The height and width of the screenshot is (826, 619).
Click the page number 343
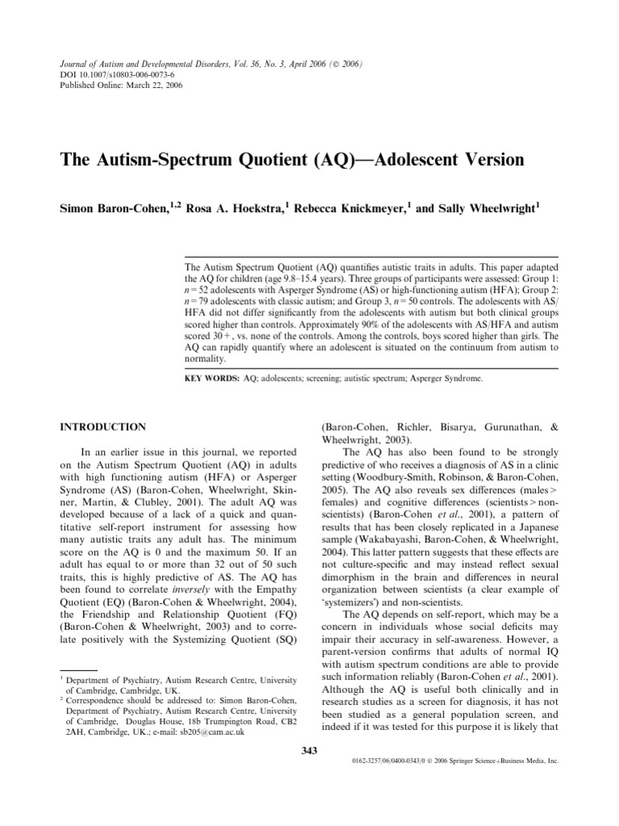coord(309,751)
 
